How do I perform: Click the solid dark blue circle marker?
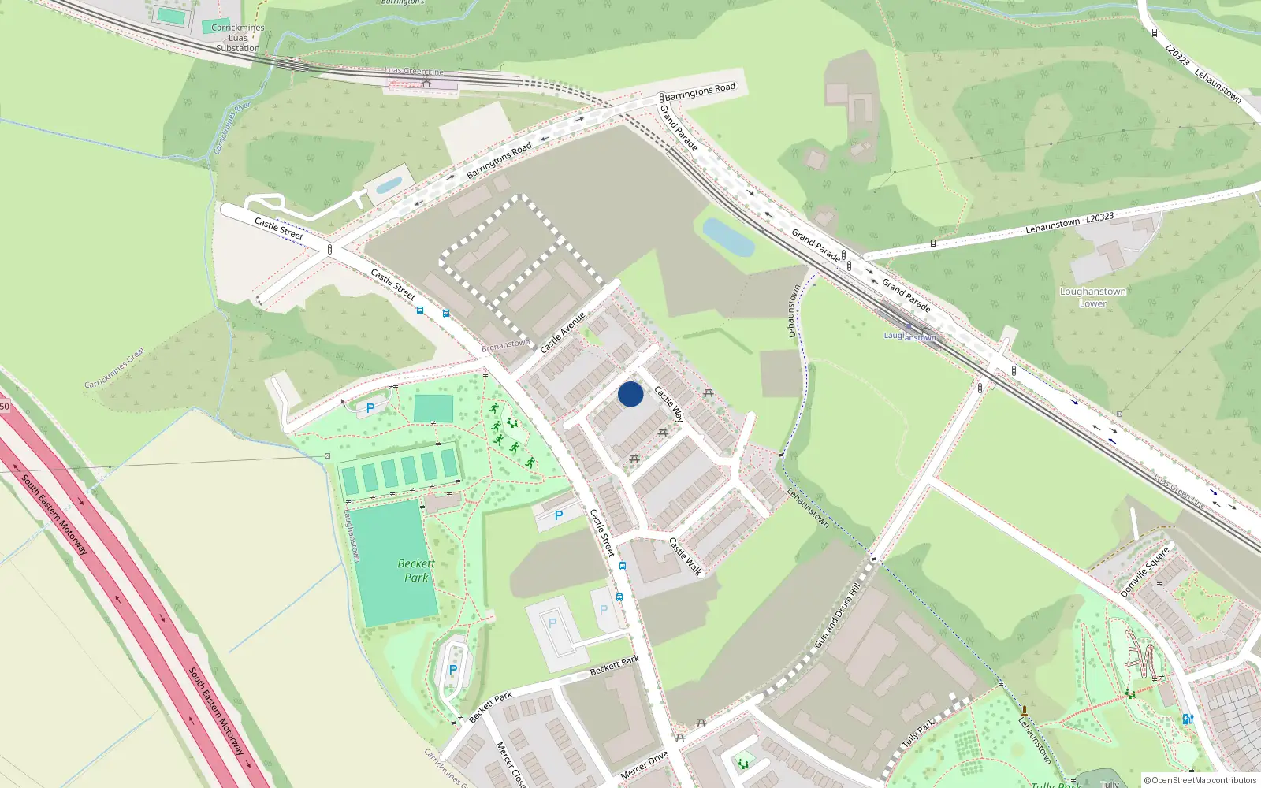pos(630,394)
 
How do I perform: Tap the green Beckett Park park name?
pos(416,571)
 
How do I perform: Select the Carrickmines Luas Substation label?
pos(238,38)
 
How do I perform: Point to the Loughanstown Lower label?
pos(1092,297)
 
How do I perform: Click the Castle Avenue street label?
pos(563,333)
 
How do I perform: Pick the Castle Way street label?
pos(669,404)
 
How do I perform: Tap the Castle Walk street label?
pos(685,556)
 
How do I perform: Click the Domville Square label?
pos(1145,571)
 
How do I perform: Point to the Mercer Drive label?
pos(644,765)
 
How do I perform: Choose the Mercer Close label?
pos(509,764)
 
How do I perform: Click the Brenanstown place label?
pos(505,345)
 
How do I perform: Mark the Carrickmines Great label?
pos(115,368)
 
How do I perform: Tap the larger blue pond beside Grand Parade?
pos(728,237)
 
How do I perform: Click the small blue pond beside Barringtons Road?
pos(389,185)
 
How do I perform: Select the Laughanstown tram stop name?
pos(909,336)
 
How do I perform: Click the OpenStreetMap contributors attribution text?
pos(1200,780)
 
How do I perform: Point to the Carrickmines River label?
pos(231,128)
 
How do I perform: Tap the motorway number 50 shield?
pos(4,407)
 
